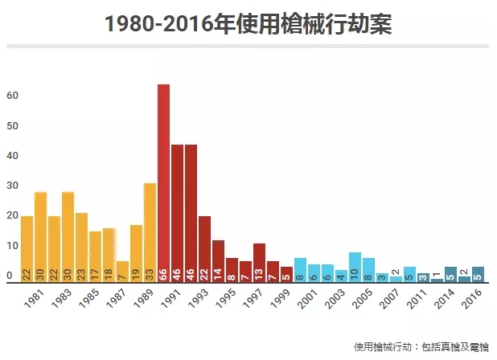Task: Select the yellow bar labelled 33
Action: click(150, 232)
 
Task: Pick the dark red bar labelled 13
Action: click(259, 262)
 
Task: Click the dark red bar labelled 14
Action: click(218, 260)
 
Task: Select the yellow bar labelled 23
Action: click(81, 247)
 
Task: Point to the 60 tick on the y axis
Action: click(12, 96)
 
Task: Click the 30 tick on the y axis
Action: click(12, 186)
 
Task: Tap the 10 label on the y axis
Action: click(12, 246)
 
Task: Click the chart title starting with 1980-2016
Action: click(248, 23)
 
